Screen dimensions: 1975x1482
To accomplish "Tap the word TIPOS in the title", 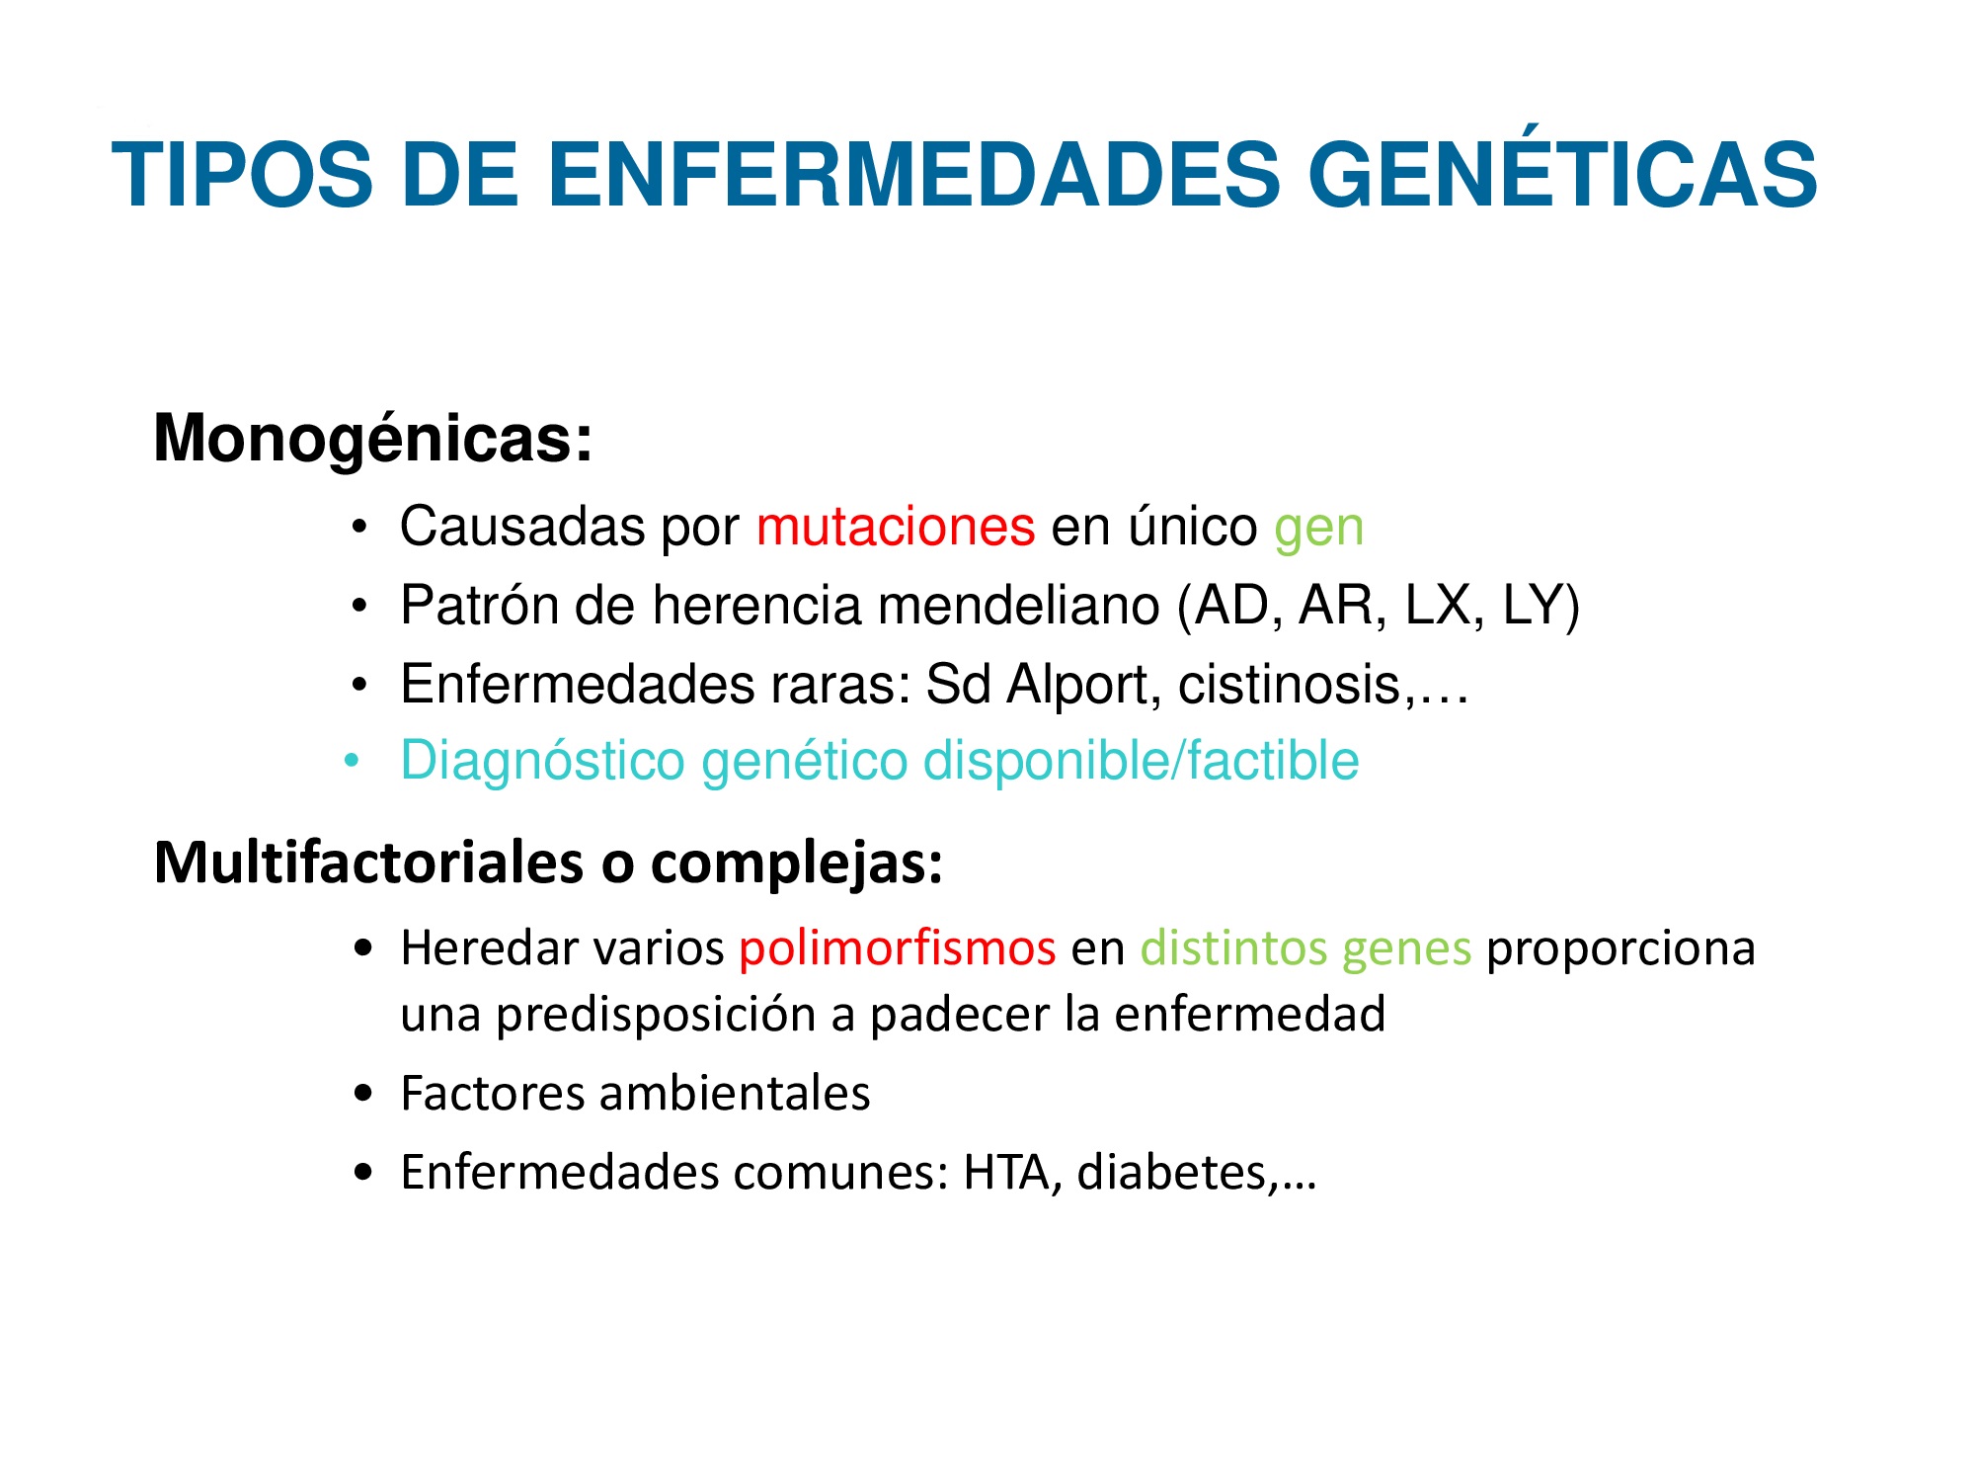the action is click(x=243, y=175).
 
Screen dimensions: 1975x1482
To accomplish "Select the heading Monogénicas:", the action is click(x=373, y=439).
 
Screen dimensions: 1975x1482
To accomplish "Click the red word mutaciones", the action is click(x=896, y=526).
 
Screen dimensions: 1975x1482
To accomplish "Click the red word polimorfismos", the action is click(x=898, y=949).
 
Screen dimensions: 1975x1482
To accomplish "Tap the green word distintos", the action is click(x=1233, y=947).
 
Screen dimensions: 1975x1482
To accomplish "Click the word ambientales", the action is click(x=735, y=1094).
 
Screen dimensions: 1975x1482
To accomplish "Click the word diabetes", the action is click(x=1172, y=1173).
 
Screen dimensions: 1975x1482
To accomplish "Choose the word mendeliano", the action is click(x=1018, y=605).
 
